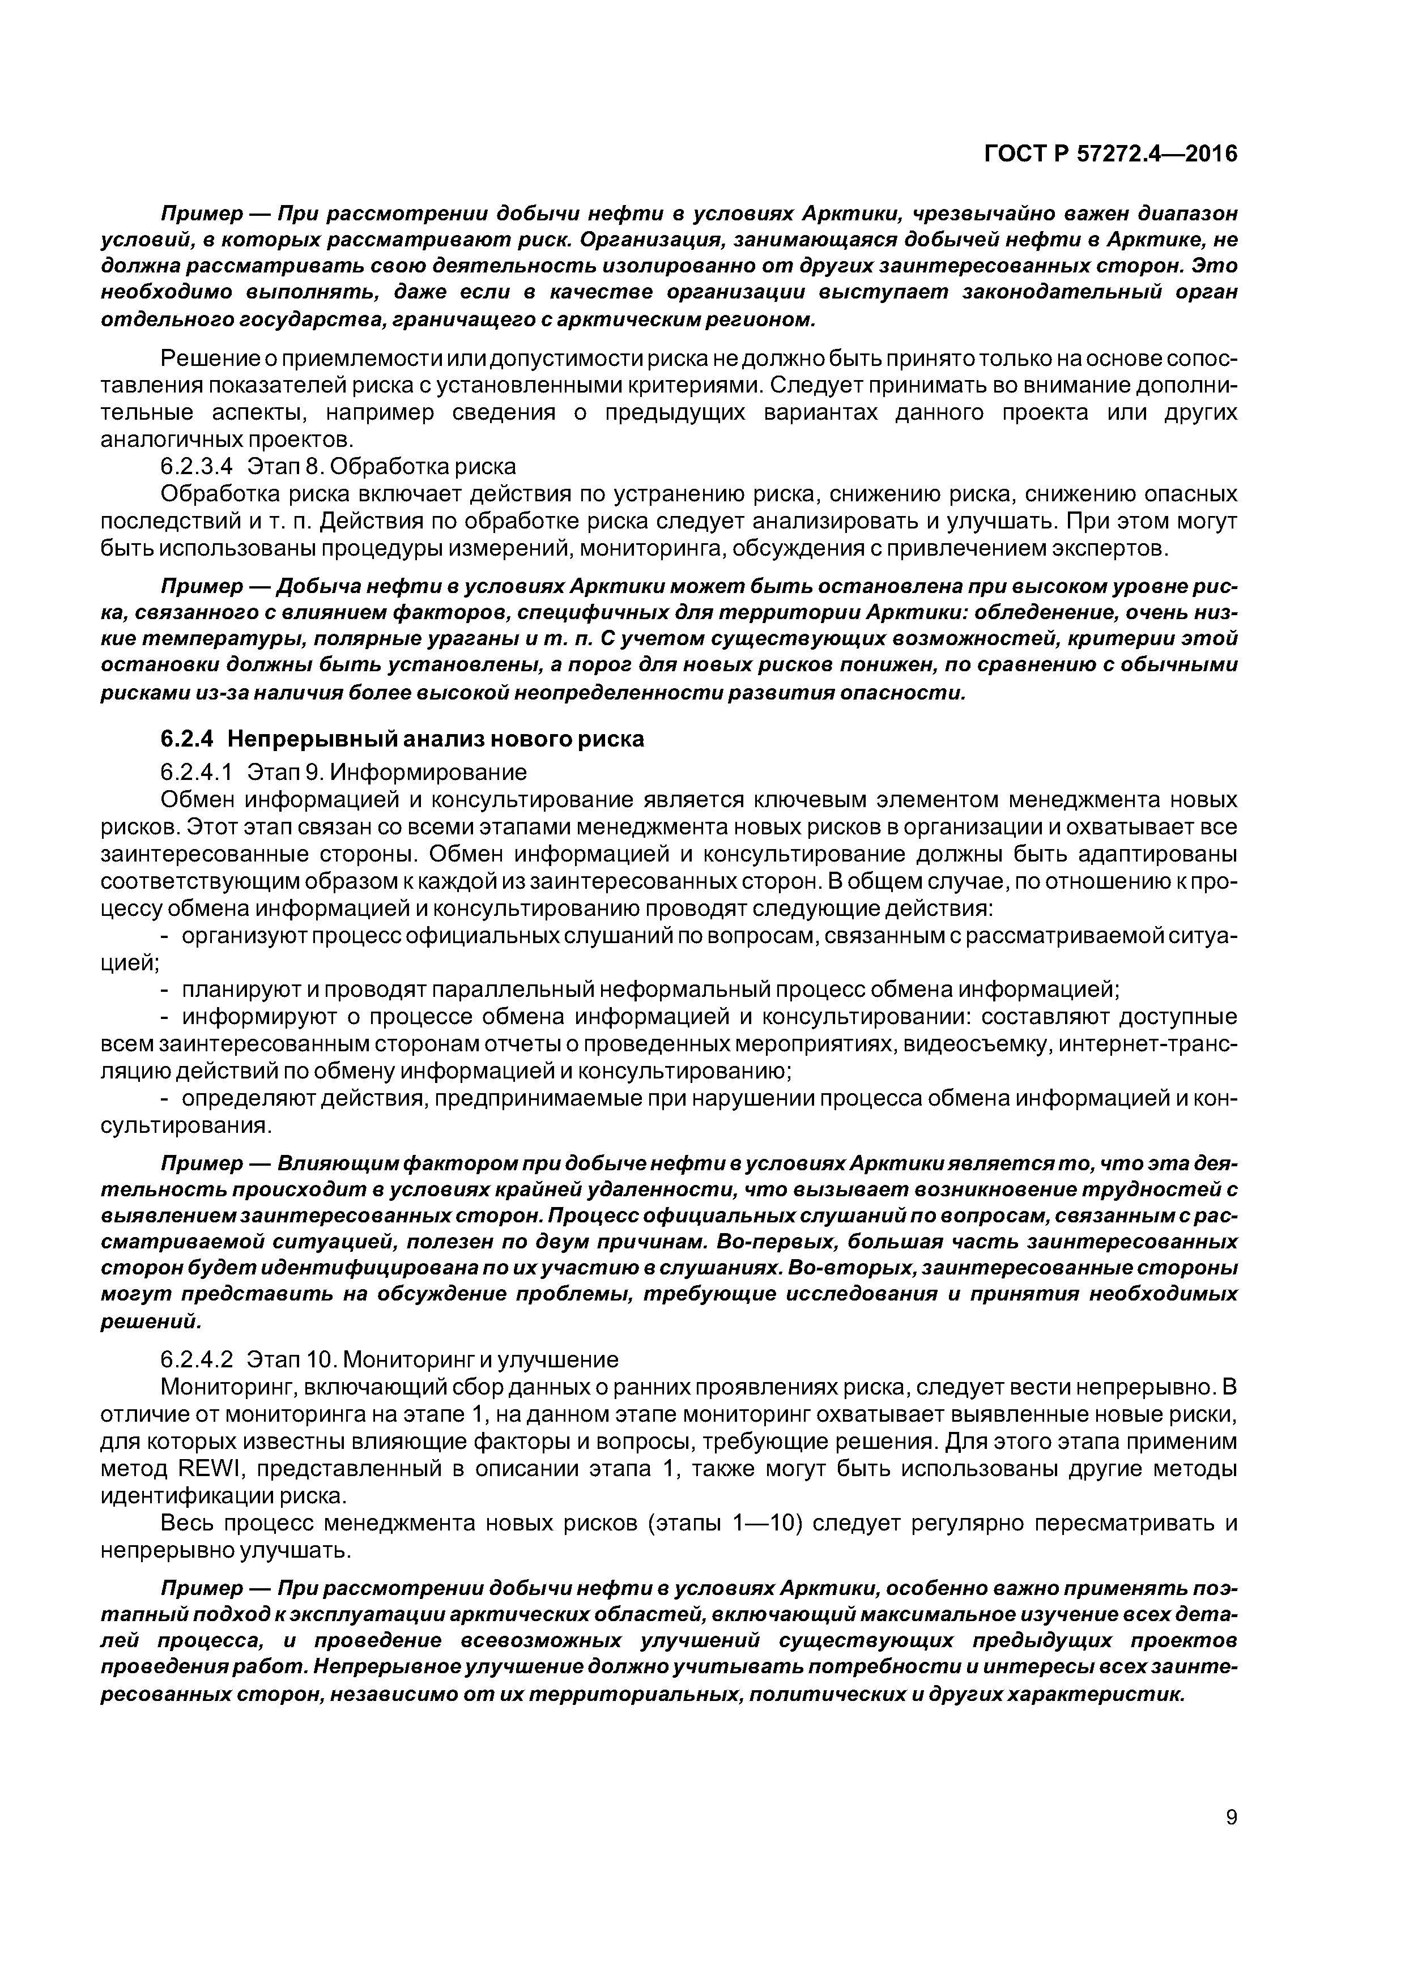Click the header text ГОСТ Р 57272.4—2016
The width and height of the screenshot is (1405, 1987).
click(1110, 154)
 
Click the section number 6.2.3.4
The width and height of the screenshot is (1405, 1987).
click(197, 467)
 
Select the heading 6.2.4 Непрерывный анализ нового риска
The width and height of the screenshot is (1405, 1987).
click(403, 739)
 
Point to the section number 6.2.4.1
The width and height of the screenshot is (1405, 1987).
click(197, 770)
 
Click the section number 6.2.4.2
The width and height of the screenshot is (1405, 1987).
click(197, 1358)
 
